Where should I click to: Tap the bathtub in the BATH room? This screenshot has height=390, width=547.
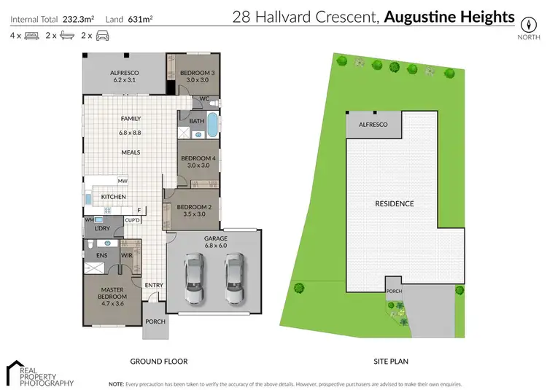click(212, 126)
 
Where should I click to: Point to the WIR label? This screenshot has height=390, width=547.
click(125, 255)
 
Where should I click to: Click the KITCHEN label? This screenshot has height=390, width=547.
click(114, 197)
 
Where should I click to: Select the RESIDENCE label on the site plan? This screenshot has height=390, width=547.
click(394, 203)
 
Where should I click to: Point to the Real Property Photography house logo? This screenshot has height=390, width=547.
click(15, 371)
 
